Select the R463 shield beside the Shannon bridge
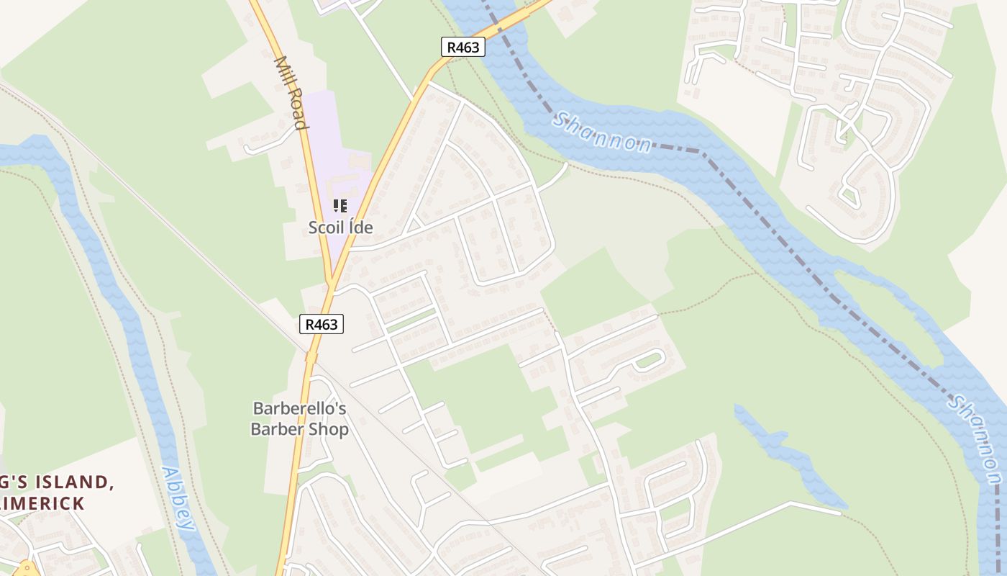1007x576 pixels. (x=463, y=48)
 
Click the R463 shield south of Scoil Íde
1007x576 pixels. (x=321, y=325)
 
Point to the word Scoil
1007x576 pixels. (x=325, y=228)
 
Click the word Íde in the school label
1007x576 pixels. (x=359, y=228)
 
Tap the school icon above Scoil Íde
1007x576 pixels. (x=340, y=207)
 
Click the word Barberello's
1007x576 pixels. (x=299, y=409)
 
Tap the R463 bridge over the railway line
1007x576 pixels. (x=311, y=356)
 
